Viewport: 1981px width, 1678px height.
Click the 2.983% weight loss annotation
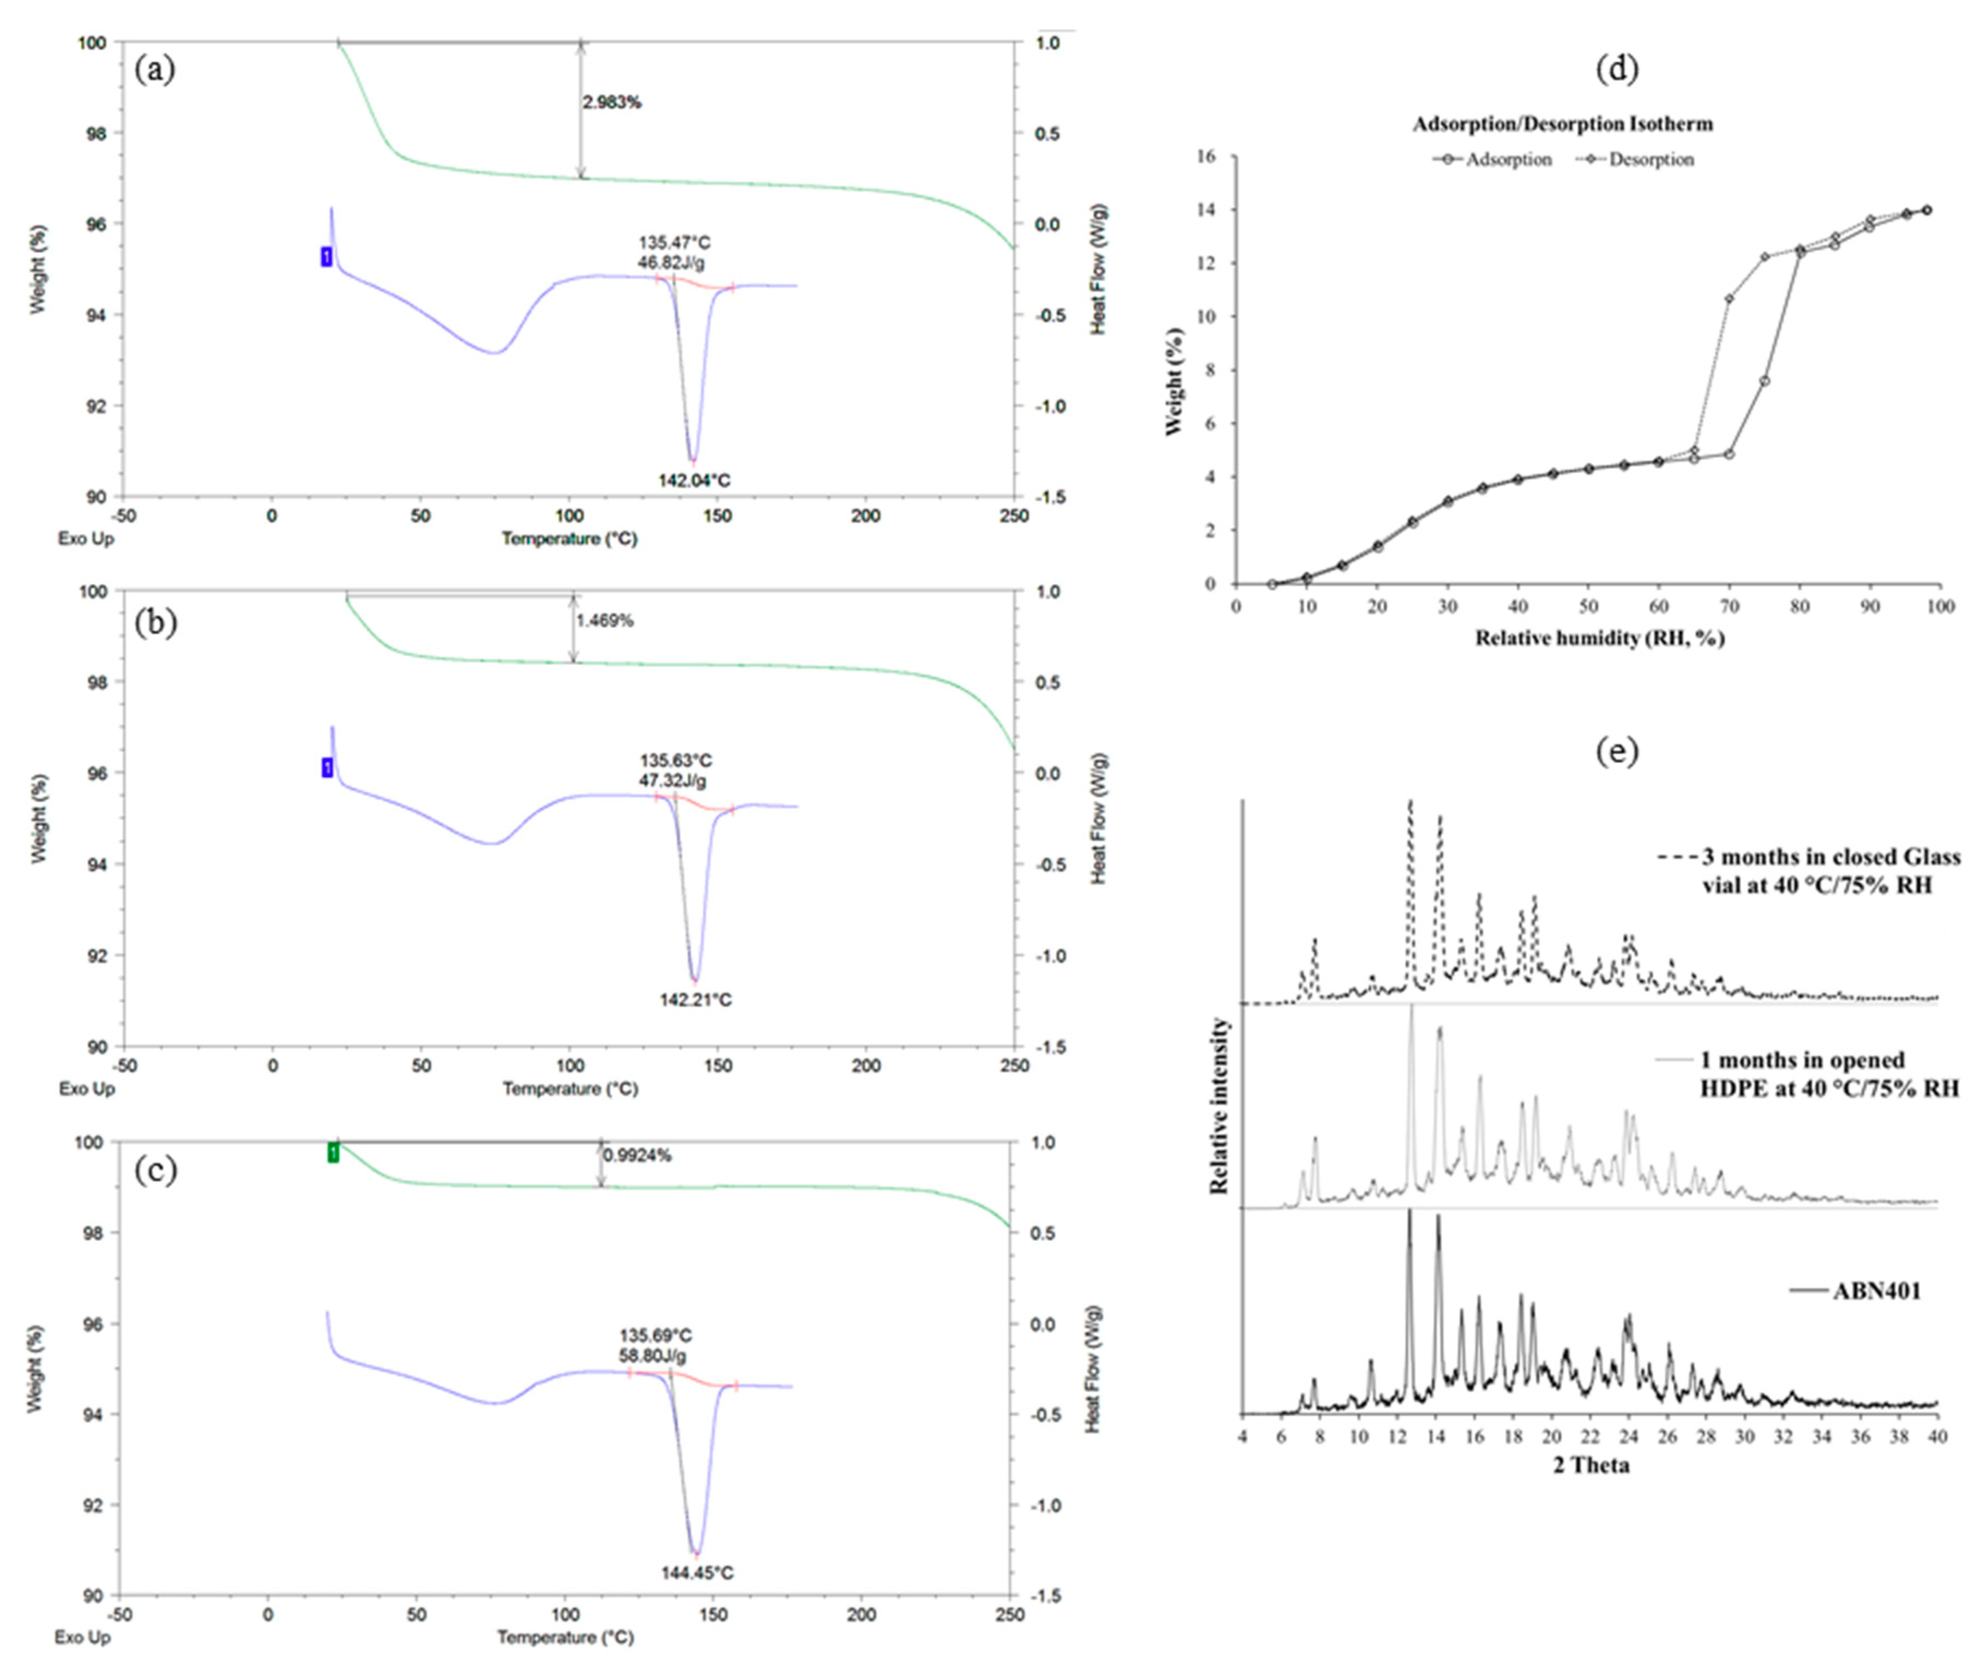[x=611, y=103]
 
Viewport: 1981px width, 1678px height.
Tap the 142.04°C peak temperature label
[x=694, y=480]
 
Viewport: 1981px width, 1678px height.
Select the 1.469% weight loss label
[x=604, y=621]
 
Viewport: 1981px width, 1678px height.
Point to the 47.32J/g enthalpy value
[x=672, y=781]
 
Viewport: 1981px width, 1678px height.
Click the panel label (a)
[x=155, y=69]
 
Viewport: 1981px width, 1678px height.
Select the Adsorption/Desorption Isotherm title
[x=1563, y=124]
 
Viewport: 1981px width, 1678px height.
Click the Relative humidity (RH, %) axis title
[x=1600, y=638]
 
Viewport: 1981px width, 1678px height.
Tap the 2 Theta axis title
[x=1591, y=1465]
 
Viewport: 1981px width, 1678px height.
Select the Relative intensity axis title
[x=1219, y=1105]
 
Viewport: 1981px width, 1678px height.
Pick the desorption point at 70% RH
[x=1729, y=299]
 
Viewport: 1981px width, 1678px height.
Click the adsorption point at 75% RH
[x=1764, y=381]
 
